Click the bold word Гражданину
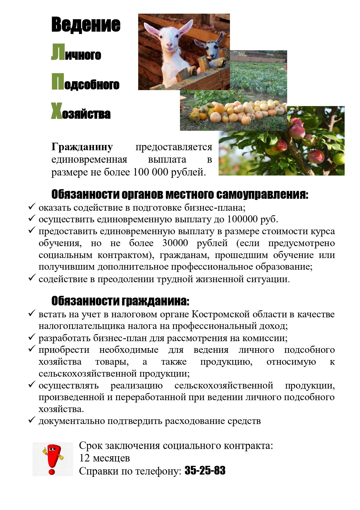[82, 147]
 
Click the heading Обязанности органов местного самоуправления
[180, 194]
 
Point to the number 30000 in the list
[175, 243]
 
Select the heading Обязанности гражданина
[120, 301]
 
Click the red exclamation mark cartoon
[53, 459]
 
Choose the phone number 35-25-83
[205, 470]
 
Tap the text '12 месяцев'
[105, 458]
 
